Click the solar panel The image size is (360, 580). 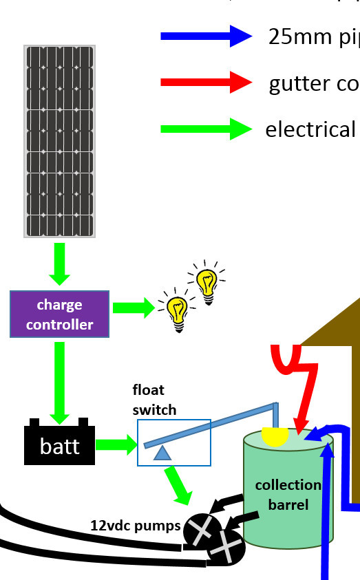click(60, 142)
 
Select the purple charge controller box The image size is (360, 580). click(59, 314)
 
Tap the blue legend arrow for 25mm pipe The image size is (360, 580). click(207, 36)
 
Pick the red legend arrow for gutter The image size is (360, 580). click(207, 83)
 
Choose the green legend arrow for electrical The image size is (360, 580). click(207, 129)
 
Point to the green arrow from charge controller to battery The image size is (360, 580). click(60, 382)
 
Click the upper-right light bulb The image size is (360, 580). click(206, 281)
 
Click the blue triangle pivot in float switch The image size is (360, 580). click(162, 452)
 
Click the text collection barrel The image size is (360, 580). click(288, 494)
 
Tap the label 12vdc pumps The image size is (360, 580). click(135, 526)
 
